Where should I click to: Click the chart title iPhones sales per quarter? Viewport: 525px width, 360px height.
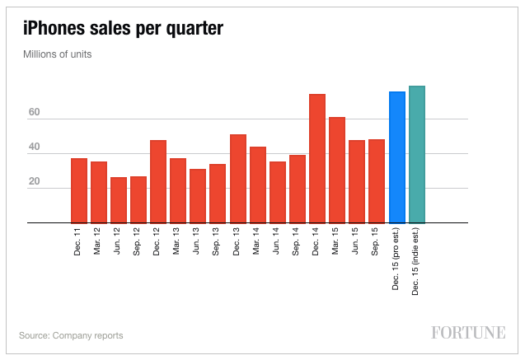[123, 30]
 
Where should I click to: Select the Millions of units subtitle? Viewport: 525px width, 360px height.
[57, 54]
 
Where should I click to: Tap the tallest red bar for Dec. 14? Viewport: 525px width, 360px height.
[317, 158]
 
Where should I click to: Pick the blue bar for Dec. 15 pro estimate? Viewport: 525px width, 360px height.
[397, 157]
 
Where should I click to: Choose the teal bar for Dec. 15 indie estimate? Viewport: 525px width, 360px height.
[417, 154]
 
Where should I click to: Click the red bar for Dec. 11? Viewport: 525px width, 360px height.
[79, 190]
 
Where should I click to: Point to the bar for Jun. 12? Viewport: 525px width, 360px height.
[119, 200]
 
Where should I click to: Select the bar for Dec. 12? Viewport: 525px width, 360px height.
[158, 181]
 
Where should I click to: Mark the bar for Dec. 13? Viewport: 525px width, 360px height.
[238, 178]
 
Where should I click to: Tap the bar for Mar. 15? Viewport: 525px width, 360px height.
[337, 170]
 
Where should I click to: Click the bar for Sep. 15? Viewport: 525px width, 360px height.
[377, 181]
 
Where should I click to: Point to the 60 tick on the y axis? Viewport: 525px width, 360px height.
[34, 113]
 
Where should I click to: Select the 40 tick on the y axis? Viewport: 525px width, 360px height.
[34, 147]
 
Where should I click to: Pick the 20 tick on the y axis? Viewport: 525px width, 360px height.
[34, 182]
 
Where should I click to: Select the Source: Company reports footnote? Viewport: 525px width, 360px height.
[71, 335]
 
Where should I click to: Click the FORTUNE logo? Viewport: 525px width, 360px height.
[468, 333]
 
